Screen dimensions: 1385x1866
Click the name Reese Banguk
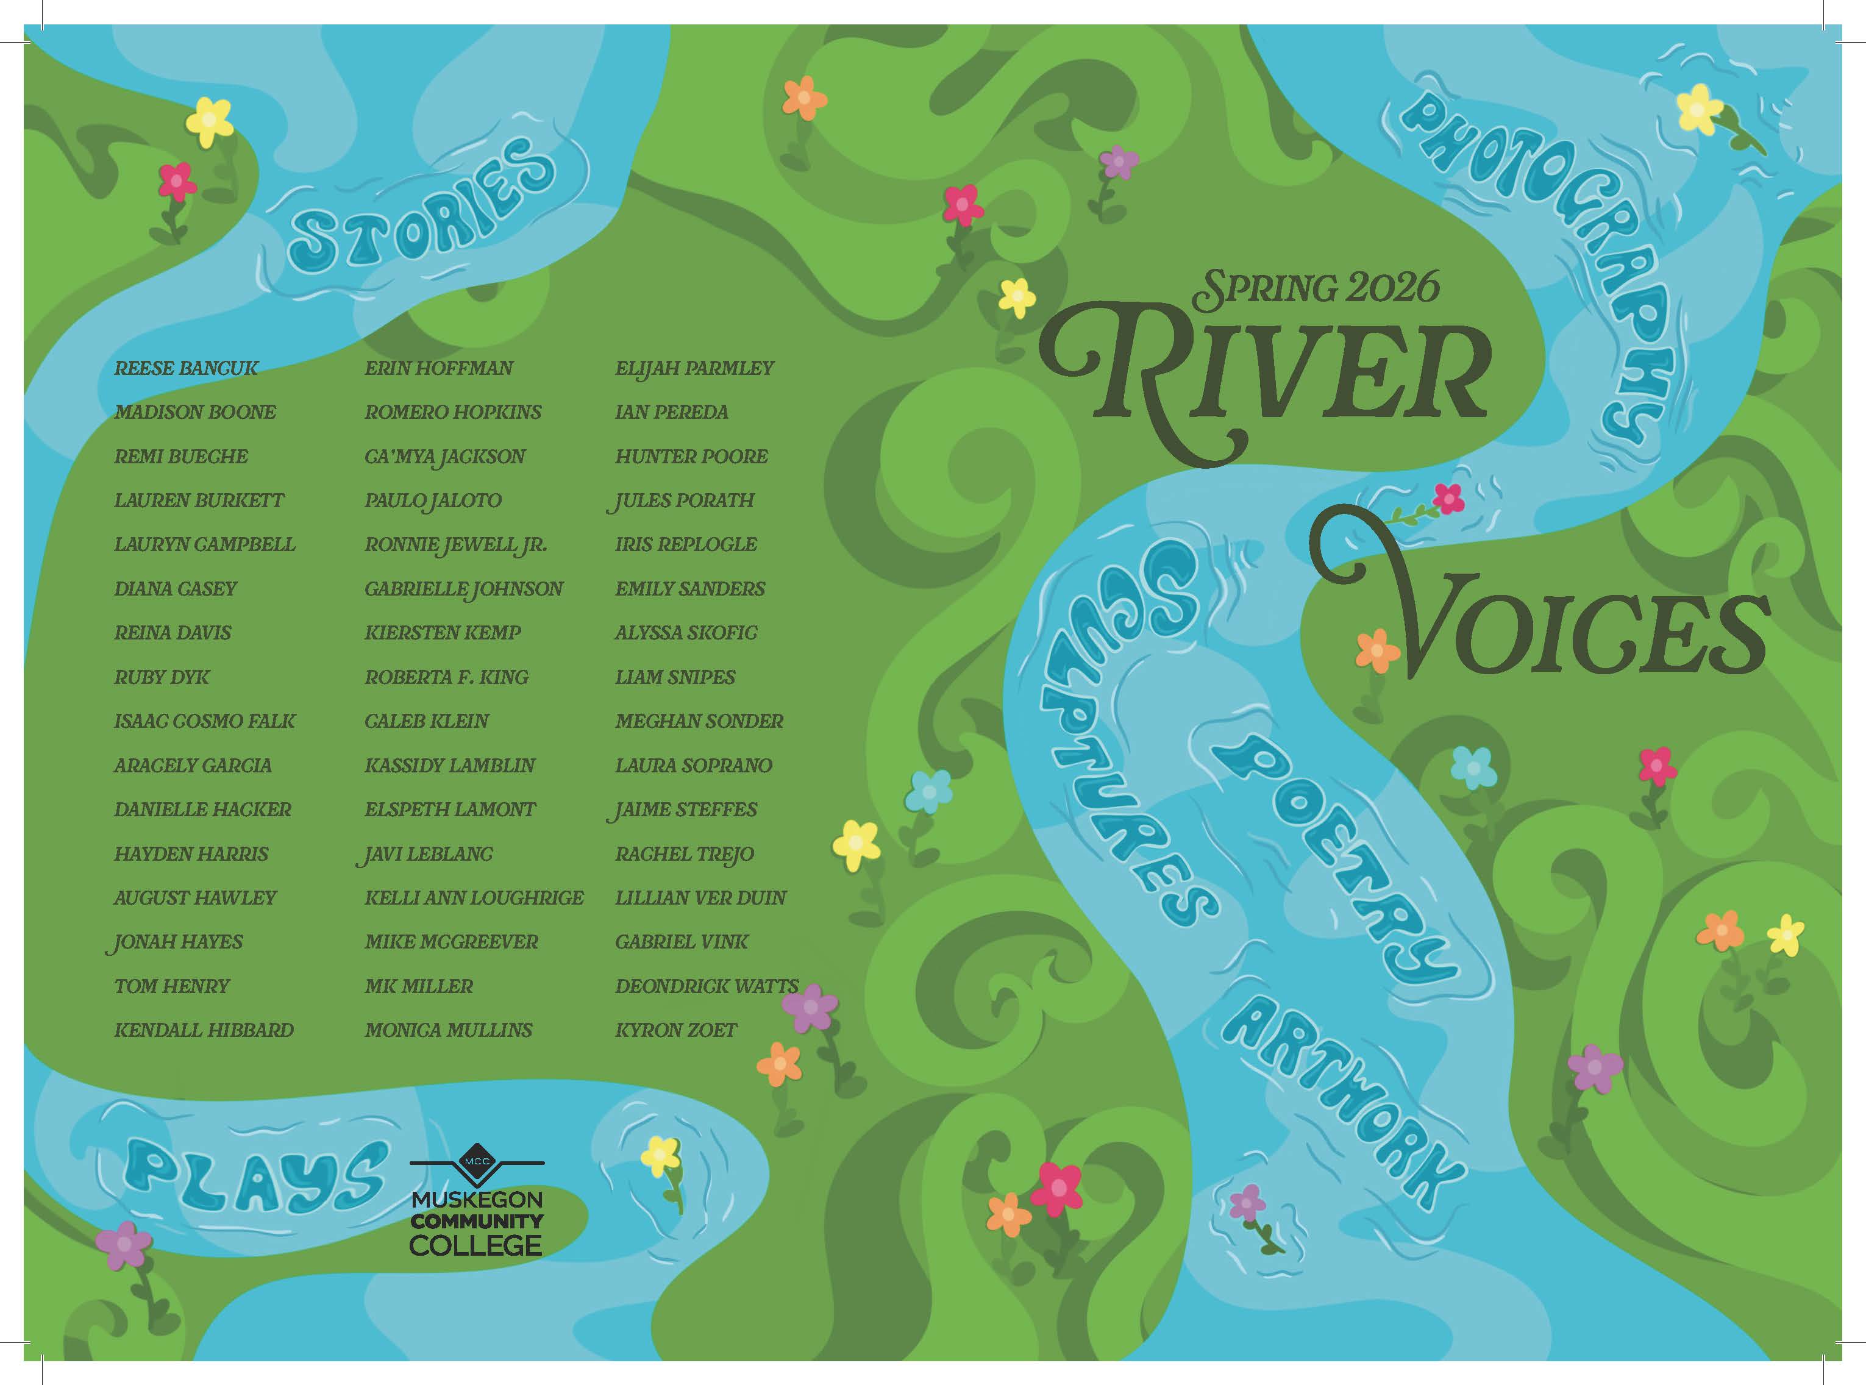pos(186,368)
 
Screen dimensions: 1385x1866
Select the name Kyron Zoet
pos(675,1030)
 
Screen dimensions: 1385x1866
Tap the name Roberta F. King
pos(446,677)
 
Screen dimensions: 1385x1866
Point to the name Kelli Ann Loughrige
pos(474,897)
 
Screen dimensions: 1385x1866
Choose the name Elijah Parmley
pos(694,368)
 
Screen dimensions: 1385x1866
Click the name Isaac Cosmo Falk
pos(205,721)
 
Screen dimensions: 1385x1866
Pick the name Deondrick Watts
pos(706,986)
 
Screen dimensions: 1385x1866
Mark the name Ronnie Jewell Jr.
pos(455,545)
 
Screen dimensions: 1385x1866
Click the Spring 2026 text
pos(1316,288)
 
